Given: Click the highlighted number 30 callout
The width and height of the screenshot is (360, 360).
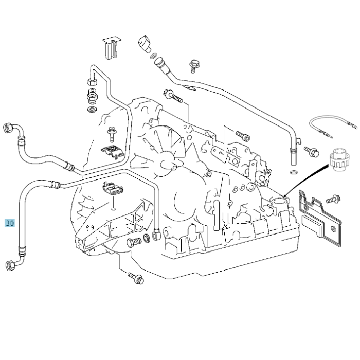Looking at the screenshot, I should point(10,223).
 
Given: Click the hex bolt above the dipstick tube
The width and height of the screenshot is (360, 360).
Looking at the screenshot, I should point(195,65).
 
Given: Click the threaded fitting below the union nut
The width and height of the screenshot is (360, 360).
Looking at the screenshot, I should point(92,96).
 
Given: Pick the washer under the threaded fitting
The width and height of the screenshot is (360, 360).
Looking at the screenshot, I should point(92,110).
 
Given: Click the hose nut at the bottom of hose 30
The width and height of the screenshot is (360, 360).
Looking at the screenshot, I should point(10,265).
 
